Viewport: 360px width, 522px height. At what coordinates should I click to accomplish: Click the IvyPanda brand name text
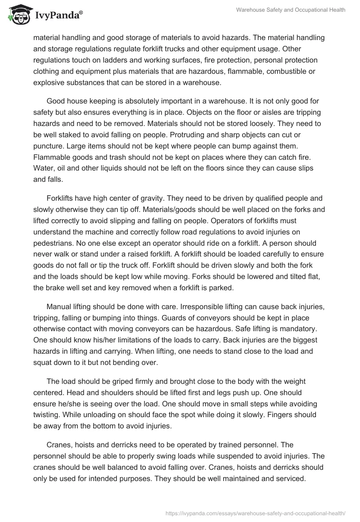coord(57,16)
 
